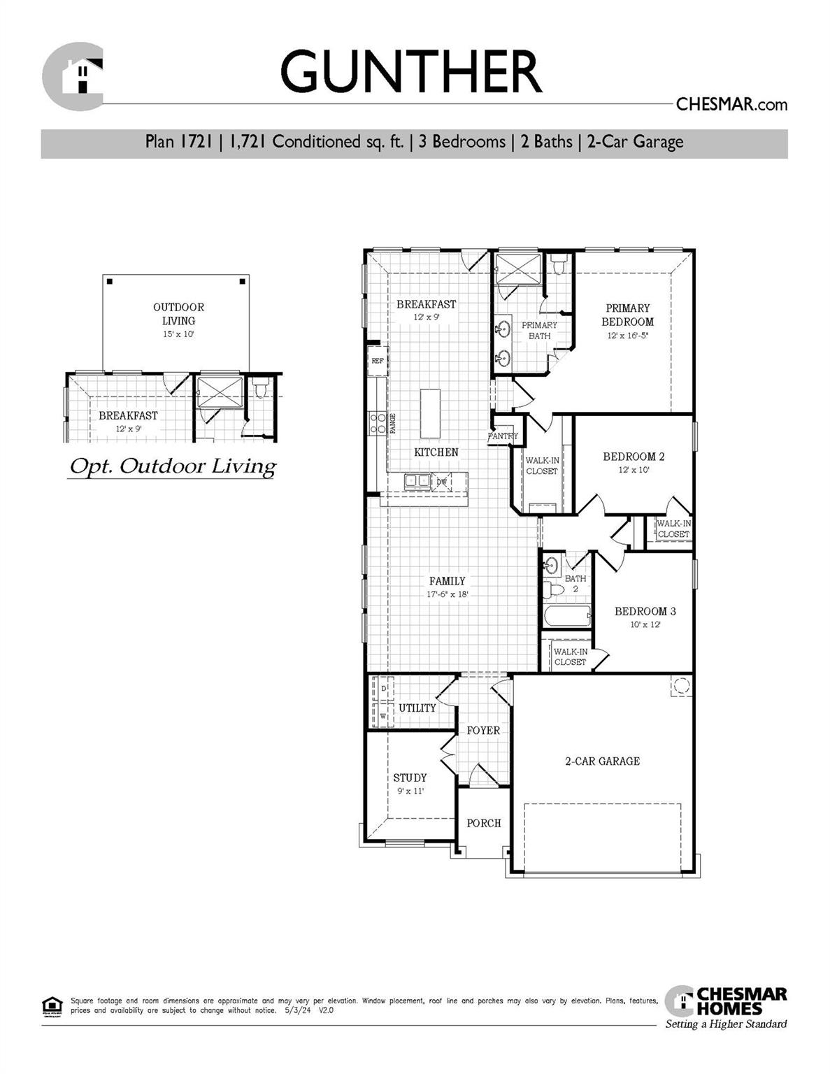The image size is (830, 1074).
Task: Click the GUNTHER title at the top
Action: click(x=411, y=71)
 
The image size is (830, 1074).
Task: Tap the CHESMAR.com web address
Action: click(x=731, y=104)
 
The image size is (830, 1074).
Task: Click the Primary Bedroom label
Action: click(x=627, y=315)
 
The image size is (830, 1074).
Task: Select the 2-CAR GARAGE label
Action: click(x=602, y=761)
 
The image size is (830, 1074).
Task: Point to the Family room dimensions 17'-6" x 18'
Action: click(x=447, y=594)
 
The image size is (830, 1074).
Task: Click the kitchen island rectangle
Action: click(x=431, y=413)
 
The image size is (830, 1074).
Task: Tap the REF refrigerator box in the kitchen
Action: click(x=378, y=361)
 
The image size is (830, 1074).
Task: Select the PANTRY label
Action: click(x=503, y=436)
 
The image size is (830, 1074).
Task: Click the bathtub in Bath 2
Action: click(x=567, y=616)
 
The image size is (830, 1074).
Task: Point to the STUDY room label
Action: click(x=410, y=778)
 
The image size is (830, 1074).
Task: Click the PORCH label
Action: click(x=484, y=823)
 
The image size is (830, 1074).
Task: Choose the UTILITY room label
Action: click(x=417, y=708)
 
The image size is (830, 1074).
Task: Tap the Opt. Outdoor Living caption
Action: click(x=172, y=466)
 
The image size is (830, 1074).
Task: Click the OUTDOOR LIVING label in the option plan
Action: click(x=178, y=314)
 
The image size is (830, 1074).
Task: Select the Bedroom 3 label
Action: click(x=645, y=611)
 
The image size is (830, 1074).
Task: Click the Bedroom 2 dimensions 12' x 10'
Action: click(x=634, y=470)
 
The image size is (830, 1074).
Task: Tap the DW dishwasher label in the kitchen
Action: click(x=441, y=482)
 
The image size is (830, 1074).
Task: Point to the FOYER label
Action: click(x=483, y=730)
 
